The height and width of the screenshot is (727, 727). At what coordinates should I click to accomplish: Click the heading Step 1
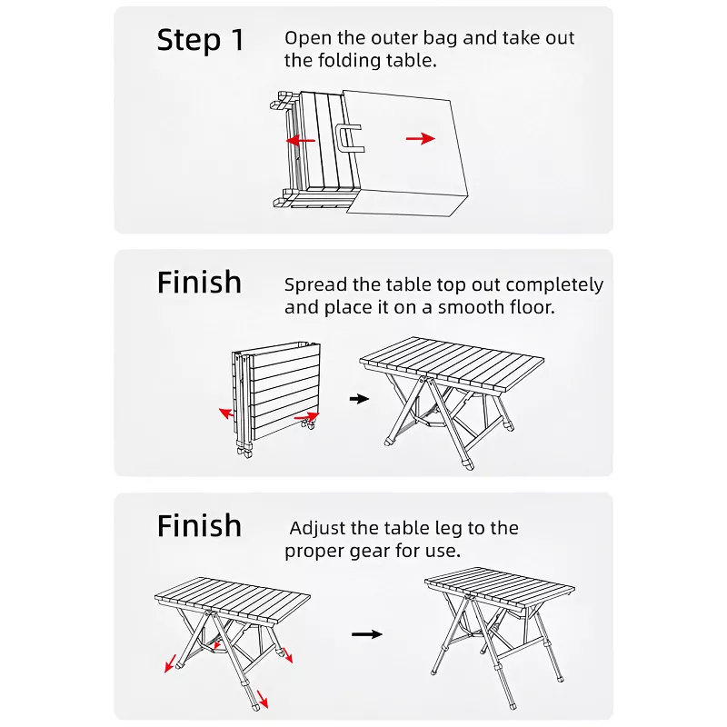(201, 40)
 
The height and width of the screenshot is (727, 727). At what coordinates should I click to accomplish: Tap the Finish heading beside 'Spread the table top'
(199, 283)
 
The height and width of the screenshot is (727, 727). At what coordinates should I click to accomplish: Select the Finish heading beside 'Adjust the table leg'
(199, 526)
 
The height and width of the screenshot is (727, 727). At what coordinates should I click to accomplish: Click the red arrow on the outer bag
(420, 138)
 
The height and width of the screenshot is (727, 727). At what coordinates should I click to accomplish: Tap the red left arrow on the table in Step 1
(301, 141)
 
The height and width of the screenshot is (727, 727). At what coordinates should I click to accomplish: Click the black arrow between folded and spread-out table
(360, 398)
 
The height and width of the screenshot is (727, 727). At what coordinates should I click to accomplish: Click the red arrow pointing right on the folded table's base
(307, 417)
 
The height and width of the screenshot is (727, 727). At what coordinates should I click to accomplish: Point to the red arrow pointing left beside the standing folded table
(226, 413)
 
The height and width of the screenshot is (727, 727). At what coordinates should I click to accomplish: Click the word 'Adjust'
(318, 528)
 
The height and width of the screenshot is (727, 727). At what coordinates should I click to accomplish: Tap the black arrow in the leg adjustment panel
(366, 634)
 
